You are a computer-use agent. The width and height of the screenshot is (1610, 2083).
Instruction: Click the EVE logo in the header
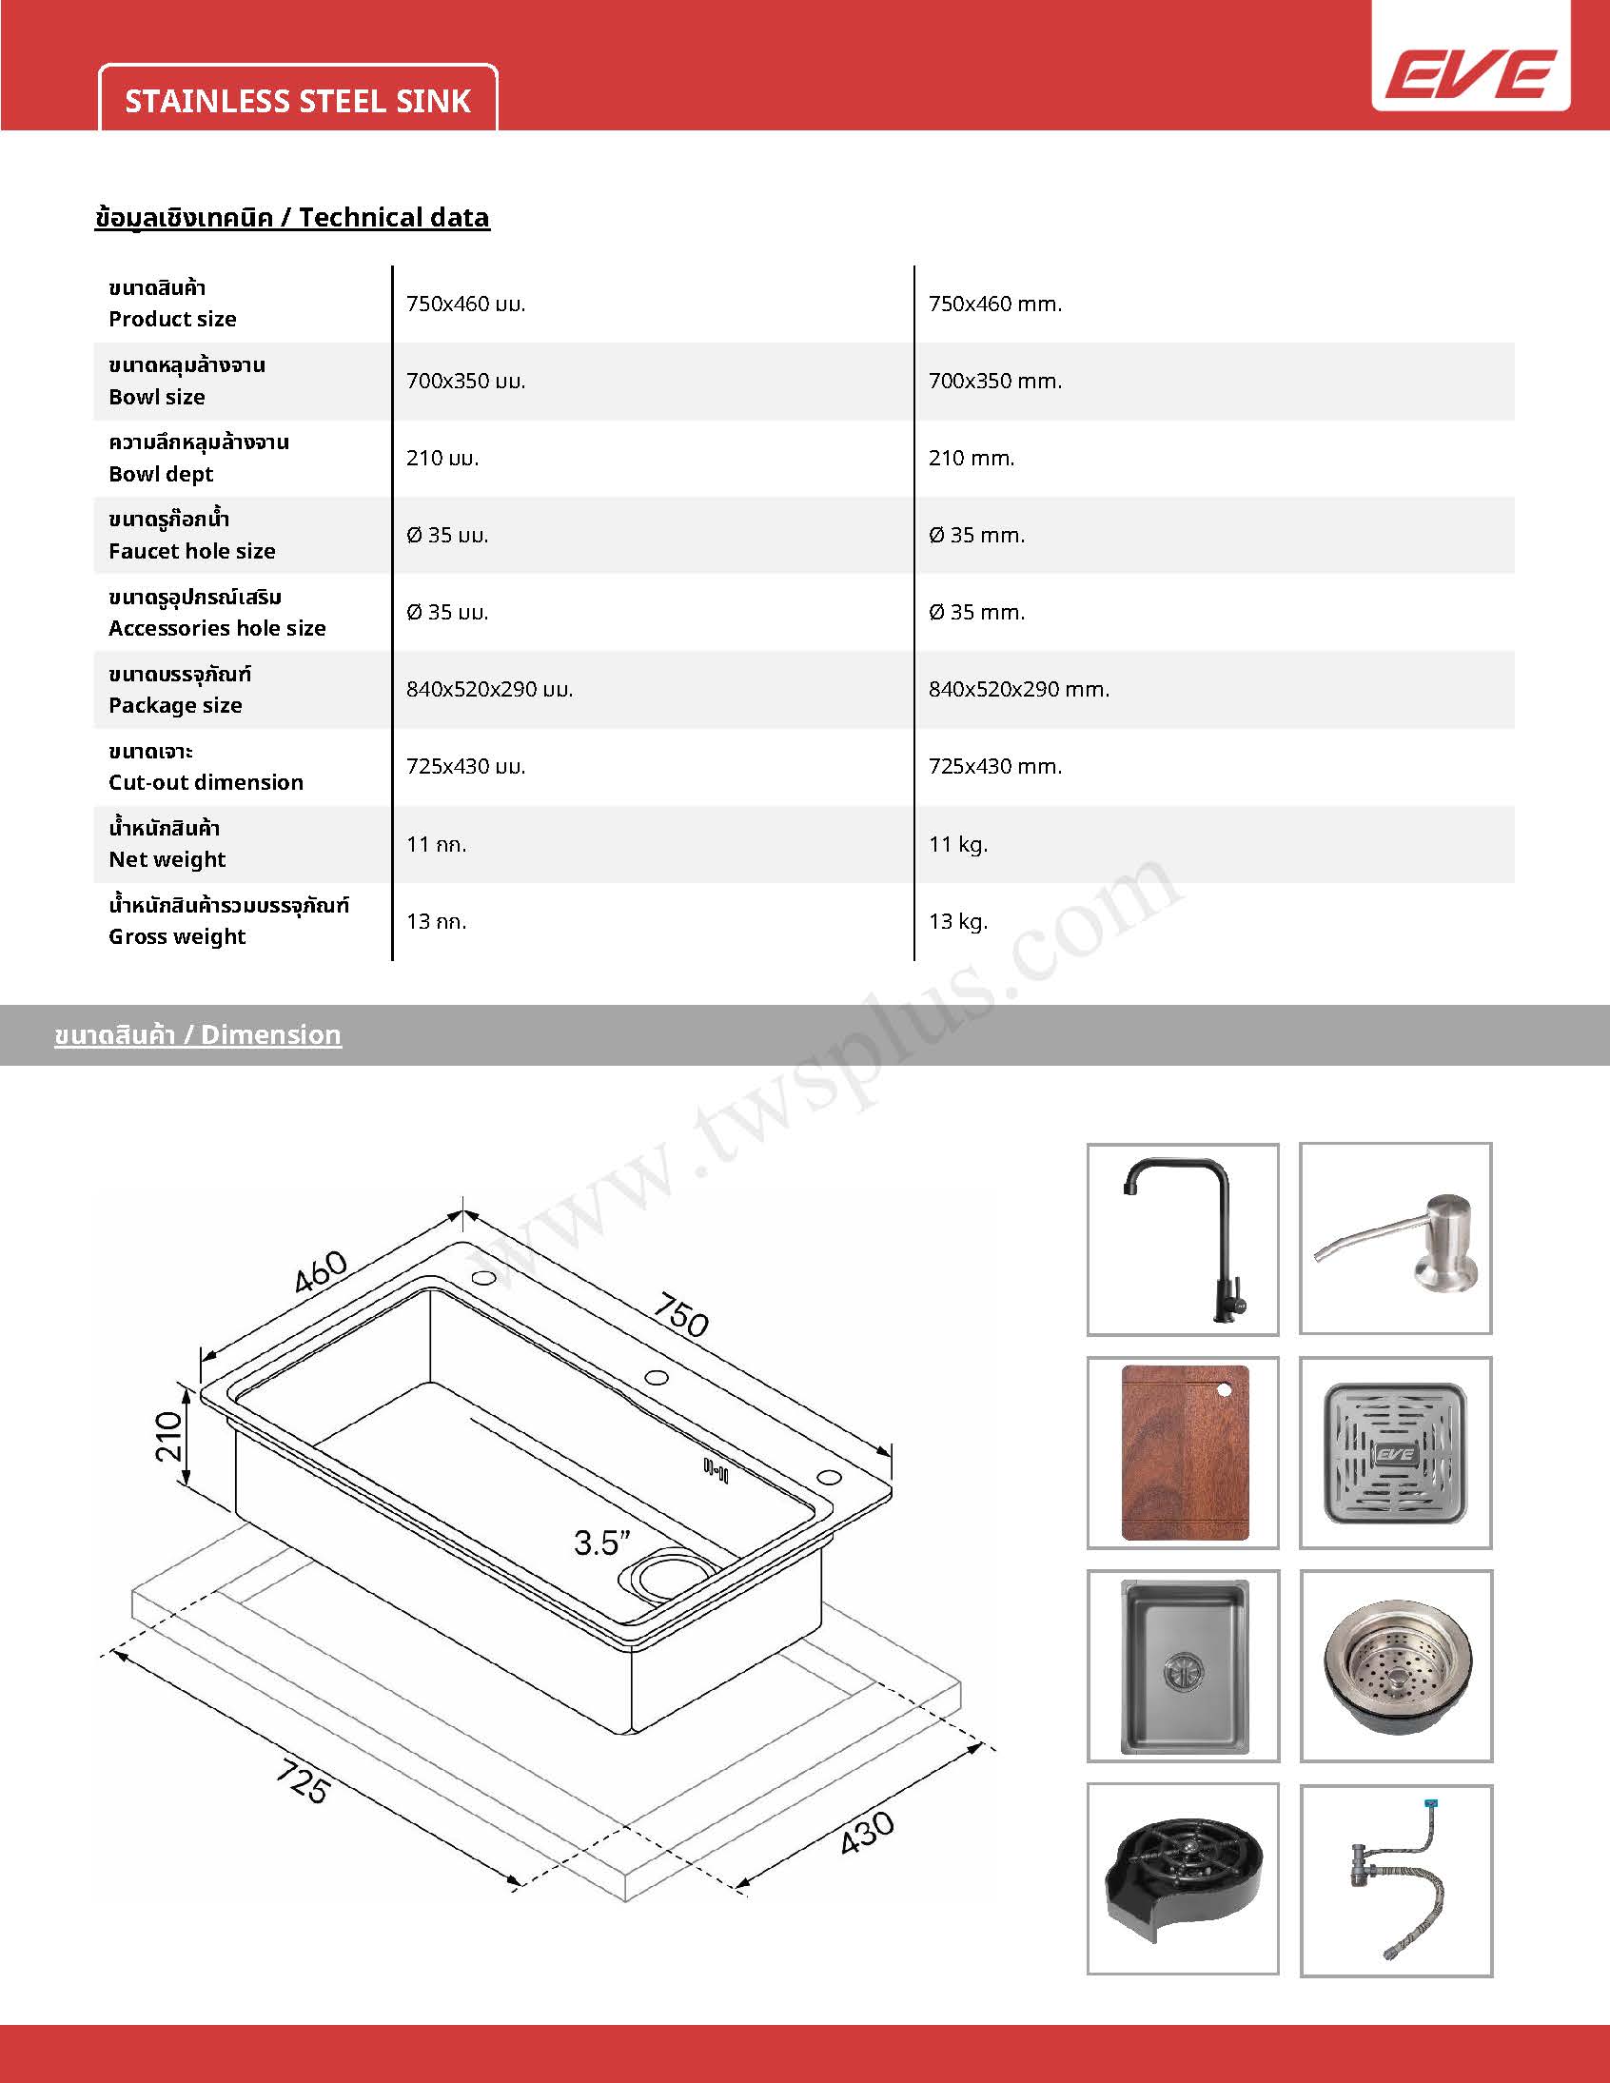pyautogui.click(x=1470, y=73)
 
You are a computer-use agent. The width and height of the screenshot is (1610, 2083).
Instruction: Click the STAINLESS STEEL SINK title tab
pyautogui.click(x=298, y=101)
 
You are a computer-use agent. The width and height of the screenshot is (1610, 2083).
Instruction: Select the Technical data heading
pyautogui.click(x=292, y=218)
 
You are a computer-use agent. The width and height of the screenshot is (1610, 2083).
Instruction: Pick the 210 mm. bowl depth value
pyautogui.click(x=971, y=458)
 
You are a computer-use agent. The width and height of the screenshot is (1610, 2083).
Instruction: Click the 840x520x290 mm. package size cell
pyautogui.click(x=1019, y=690)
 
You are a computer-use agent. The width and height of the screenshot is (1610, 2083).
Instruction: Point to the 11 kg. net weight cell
pyautogui.click(x=957, y=844)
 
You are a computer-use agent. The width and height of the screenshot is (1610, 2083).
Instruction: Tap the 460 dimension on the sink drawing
pyautogui.click(x=321, y=1272)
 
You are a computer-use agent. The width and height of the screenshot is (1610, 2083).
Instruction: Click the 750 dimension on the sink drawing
pyautogui.click(x=681, y=1316)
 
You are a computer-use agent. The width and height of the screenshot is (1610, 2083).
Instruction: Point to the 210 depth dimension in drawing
pyautogui.click(x=168, y=1436)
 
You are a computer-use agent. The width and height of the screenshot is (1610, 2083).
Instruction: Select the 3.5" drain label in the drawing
pyautogui.click(x=601, y=1543)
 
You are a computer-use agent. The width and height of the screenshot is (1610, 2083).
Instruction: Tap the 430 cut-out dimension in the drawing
pyautogui.click(x=867, y=1831)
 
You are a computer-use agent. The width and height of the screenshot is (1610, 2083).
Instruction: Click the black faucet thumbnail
pyautogui.click(x=1183, y=1239)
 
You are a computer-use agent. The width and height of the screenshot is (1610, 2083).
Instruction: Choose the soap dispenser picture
pyautogui.click(x=1395, y=1239)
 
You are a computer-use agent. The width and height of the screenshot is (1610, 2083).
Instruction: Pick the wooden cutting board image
pyautogui.click(x=1183, y=1452)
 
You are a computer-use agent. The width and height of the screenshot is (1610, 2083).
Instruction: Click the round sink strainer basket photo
pyautogui.click(x=1395, y=1665)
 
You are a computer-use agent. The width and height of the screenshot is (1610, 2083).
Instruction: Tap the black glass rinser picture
pyautogui.click(x=1183, y=1878)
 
